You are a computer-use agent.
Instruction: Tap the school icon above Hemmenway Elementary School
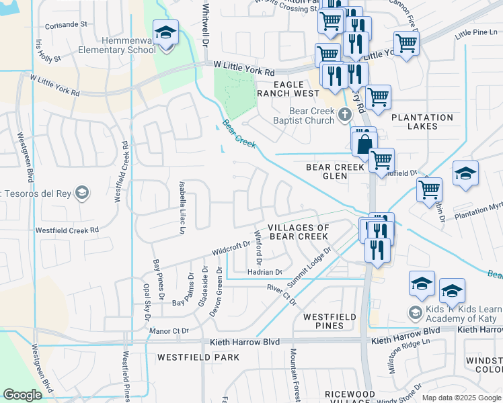click(x=165, y=32)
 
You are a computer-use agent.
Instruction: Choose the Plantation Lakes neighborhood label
click(x=422, y=122)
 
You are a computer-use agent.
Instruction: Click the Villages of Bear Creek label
click(x=299, y=232)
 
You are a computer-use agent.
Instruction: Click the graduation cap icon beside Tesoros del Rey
click(x=81, y=194)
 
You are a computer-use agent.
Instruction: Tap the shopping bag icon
click(x=364, y=143)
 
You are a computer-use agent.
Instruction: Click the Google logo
click(x=22, y=395)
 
